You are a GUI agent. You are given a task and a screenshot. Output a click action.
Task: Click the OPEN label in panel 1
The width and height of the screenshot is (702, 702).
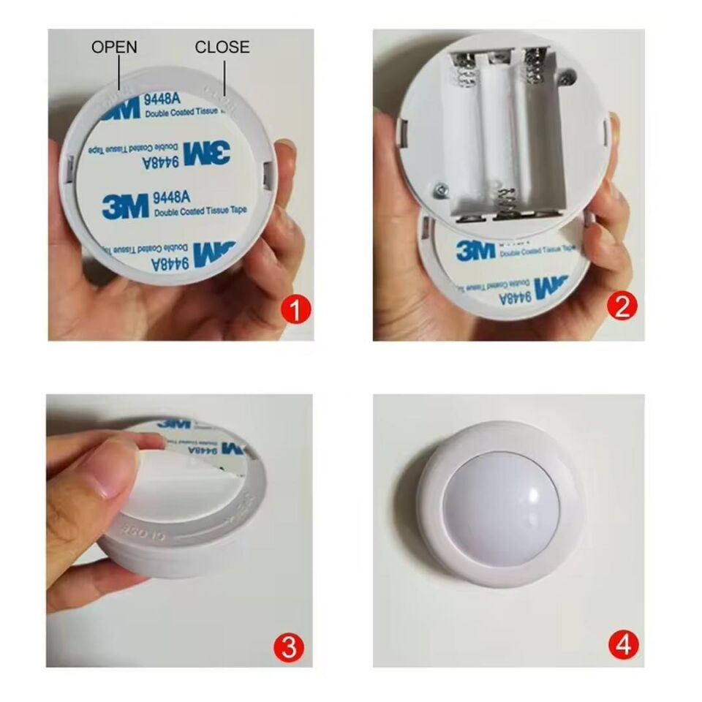[x=113, y=48]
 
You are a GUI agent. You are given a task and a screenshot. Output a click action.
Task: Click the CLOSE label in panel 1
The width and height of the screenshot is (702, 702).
[x=222, y=48]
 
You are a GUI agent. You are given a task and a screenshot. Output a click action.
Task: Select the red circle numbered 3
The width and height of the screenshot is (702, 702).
[x=290, y=646]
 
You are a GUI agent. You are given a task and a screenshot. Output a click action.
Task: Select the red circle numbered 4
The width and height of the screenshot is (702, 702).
[x=623, y=645]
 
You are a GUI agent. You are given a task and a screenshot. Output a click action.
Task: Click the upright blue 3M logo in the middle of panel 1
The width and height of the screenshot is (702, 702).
[x=125, y=206]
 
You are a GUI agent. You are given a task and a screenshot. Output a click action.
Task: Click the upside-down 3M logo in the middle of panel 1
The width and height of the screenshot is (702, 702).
[x=206, y=153]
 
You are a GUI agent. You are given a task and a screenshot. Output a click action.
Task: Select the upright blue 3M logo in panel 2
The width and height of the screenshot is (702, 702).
[x=475, y=250]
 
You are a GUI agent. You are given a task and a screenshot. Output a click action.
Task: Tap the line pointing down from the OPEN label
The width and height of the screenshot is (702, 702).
[x=119, y=74]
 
